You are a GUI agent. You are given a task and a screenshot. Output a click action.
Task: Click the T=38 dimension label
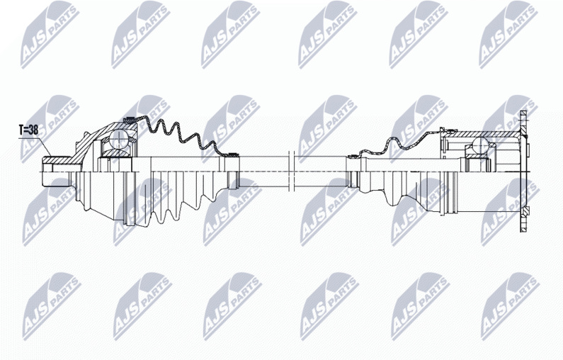[28, 130]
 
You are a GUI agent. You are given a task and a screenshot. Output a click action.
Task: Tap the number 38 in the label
[33, 130]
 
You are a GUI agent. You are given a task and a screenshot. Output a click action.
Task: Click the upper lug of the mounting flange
[524, 118]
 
